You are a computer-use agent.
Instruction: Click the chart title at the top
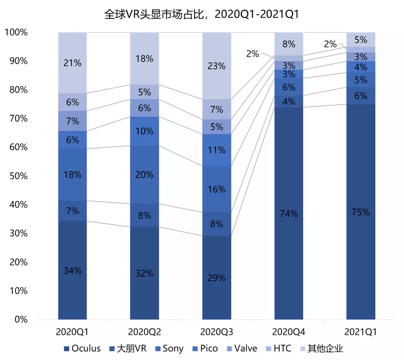[x=202, y=14]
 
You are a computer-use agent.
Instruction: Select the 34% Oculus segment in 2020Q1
[x=72, y=270]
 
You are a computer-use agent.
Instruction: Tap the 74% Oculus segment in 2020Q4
[x=289, y=213]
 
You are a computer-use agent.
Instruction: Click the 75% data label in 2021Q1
[x=361, y=212]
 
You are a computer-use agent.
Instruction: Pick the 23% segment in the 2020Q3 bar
[x=217, y=66]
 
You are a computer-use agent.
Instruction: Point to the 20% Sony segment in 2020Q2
[x=144, y=175]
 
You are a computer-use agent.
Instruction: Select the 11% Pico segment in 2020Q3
[x=217, y=150]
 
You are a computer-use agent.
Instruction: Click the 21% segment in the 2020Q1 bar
[x=72, y=63]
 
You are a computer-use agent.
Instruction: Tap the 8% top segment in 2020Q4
[x=289, y=44]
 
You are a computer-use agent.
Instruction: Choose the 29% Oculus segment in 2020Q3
[x=217, y=278]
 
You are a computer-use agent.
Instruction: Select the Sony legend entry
[x=168, y=349]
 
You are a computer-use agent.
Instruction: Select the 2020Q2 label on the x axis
[x=144, y=332]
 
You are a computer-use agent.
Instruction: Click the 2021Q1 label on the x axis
[x=361, y=332]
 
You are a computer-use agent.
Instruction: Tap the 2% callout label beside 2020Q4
[x=252, y=54]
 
